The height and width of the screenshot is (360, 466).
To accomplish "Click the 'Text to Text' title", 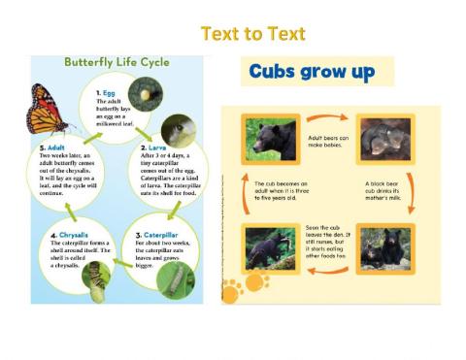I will click(251, 35).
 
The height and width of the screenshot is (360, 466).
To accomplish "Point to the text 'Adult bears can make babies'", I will click(328, 142).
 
